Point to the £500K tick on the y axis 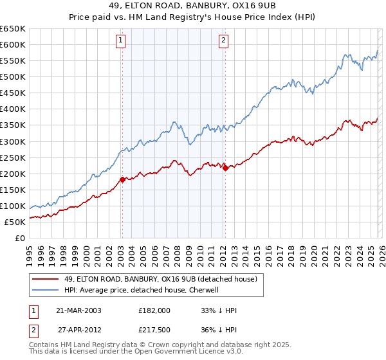click(x=13, y=77)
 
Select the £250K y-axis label click(x=13, y=157)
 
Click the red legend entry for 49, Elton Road click(x=161, y=279)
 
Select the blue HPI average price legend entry click(x=142, y=291)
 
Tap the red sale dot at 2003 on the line click(x=122, y=179)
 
